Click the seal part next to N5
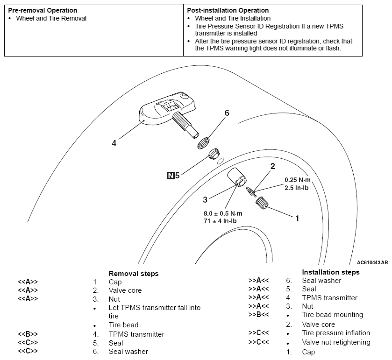[x=214, y=153]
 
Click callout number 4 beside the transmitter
[x=114, y=144]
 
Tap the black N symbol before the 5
[x=171, y=176]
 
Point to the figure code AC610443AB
[x=372, y=262]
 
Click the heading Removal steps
[x=133, y=274]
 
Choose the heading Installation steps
[x=330, y=272]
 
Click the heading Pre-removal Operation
[x=43, y=10]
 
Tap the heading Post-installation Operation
[x=228, y=10]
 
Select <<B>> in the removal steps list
[x=28, y=334]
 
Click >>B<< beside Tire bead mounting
[x=258, y=315]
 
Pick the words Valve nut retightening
[x=336, y=342]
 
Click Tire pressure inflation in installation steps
[x=336, y=333]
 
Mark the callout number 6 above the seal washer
[x=227, y=113]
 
